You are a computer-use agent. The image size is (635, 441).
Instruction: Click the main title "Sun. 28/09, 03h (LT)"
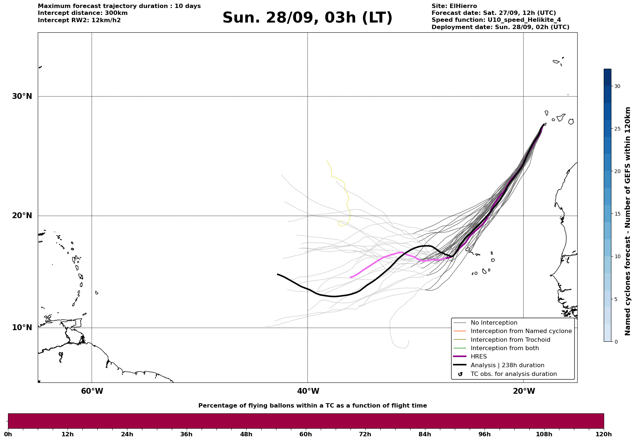point(307,18)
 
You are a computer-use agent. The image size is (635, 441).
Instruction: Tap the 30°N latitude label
point(22,96)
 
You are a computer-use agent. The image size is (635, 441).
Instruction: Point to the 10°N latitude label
point(22,328)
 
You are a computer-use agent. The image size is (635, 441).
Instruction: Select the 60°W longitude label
point(92,391)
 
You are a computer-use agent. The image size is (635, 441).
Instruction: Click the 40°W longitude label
point(308,391)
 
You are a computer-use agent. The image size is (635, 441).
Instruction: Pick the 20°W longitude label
point(524,391)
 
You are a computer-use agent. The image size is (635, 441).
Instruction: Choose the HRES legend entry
point(478,357)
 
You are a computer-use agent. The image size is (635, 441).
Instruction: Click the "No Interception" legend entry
point(494,323)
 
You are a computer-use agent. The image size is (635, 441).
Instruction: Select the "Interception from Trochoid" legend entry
point(510,340)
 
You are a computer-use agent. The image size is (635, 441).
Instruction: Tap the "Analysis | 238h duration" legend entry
point(507,365)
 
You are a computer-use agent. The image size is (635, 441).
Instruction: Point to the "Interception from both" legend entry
point(505,348)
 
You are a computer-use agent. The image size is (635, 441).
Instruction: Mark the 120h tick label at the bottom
point(603,434)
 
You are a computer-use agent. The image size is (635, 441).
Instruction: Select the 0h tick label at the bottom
point(8,434)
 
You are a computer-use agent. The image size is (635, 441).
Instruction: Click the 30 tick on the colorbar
point(617,86)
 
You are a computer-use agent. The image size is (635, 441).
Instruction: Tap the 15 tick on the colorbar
point(617,214)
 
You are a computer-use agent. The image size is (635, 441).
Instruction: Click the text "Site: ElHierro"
point(454,6)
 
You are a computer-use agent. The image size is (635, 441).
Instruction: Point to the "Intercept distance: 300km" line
point(82,13)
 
